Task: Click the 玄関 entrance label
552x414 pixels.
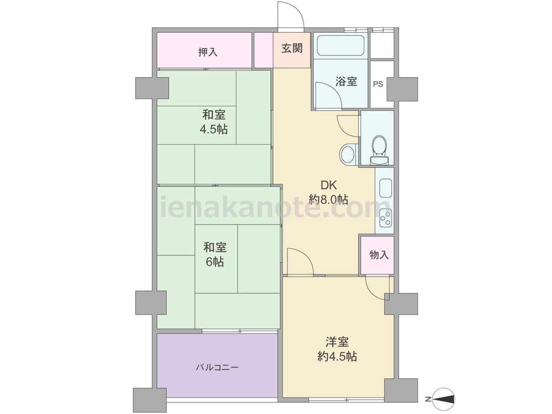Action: [x=292, y=48]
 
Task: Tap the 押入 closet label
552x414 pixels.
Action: [x=208, y=52]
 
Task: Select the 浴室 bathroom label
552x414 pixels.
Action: [x=346, y=81]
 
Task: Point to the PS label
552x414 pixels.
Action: [x=378, y=84]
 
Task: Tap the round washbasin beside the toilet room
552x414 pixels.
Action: [x=348, y=154]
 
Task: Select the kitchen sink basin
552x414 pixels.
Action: [x=385, y=189]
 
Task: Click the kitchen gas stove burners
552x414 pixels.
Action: [x=385, y=217]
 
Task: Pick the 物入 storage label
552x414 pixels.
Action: [x=379, y=255]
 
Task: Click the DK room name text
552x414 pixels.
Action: [x=328, y=185]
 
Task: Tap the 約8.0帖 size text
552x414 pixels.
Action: [x=328, y=200]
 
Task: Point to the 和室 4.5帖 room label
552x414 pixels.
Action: [x=214, y=122]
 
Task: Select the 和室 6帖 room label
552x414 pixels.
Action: [x=215, y=254]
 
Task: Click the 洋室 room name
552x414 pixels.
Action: [x=337, y=342]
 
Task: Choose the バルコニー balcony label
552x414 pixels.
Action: [x=217, y=368]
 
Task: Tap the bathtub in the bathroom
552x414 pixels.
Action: [x=341, y=46]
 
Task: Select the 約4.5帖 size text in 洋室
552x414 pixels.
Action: [x=337, y=357]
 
